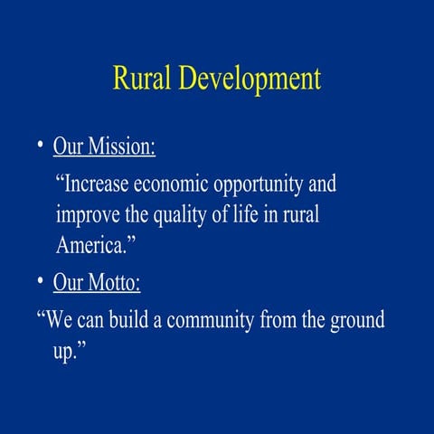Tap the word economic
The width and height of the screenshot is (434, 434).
coord(173,184)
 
